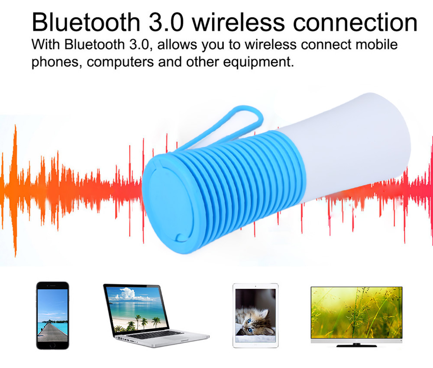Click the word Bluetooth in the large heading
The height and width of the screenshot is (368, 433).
click(x=86, y=22)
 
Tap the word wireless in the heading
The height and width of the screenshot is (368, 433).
click(x=238, y=22)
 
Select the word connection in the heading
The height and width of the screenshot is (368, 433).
click(x=355, y=22)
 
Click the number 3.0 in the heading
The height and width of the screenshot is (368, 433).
click(x=166, y=22)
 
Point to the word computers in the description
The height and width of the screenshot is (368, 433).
click(x=120, y=62)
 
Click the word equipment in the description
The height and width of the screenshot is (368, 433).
click(x=259, y=62)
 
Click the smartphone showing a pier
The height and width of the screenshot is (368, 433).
click(x=52, y=315)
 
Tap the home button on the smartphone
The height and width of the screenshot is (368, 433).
click(x=52, y=345)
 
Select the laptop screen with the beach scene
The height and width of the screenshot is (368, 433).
click(x=137, y=309)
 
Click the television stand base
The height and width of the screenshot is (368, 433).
click(x=356, y=345)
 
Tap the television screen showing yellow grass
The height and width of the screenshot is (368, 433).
click(x=356, y=312)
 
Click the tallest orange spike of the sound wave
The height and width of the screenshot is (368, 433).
click(x=15, y=190)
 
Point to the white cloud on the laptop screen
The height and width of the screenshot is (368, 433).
click(x=127, y=294)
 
